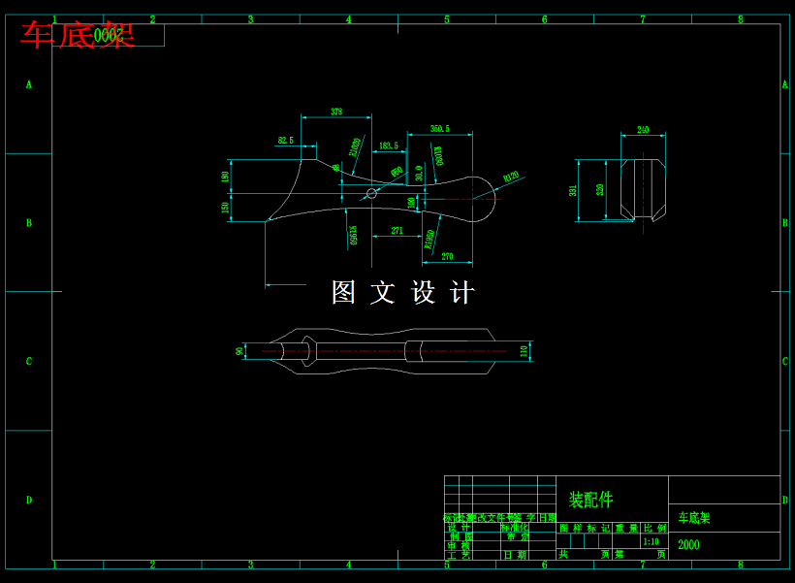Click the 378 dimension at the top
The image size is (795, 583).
(336, 112)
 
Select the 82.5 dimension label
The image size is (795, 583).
(285, 141)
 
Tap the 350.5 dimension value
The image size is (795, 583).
(439, 129)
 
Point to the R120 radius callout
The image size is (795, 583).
(511, 177)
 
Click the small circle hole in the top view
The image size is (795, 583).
(371, 194)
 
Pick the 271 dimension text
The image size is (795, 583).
(397, 230)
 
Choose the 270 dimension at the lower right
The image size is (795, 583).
(447, 256)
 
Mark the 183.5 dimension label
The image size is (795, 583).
(388, 146)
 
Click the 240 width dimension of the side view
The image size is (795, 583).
(643, 129)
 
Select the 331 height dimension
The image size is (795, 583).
(573, 190)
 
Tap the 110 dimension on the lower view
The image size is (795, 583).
(525, 350)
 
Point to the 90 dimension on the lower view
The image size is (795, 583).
(239, 351)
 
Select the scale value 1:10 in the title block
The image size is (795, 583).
(650, 541)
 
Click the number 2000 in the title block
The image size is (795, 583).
(688, 544)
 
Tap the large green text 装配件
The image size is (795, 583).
(590, 500)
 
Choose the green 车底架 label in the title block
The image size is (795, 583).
(694, 518)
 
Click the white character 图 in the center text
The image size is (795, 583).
(343, 292)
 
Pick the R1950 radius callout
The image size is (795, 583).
(429, 240)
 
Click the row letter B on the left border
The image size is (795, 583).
(29, 223)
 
